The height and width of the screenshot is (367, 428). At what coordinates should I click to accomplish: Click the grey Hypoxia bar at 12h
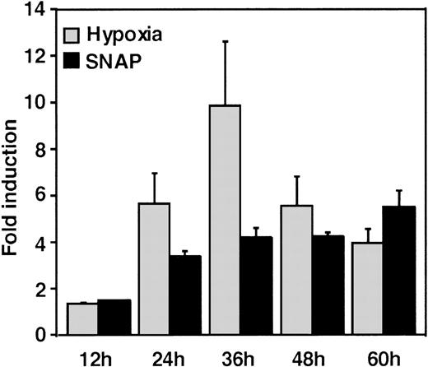[82, 319]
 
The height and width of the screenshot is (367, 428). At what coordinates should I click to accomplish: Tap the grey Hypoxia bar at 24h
[154, 269]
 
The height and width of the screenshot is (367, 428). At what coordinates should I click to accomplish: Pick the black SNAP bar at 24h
[184, 295]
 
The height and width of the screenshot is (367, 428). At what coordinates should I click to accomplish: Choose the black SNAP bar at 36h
[256, 286]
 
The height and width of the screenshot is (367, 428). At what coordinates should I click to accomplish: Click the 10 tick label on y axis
[37, 103]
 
